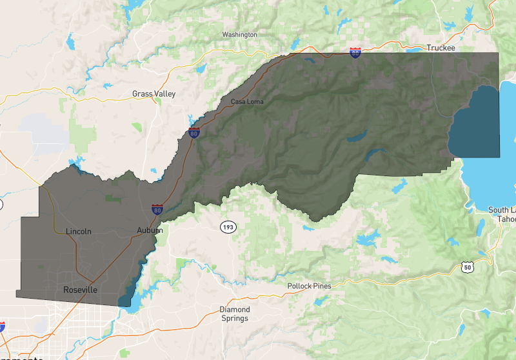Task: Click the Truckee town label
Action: [441, 48]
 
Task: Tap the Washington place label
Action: [239, 34]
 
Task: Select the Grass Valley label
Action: [154, 94]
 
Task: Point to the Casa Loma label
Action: [247, 102]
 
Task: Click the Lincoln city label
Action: [79, 231]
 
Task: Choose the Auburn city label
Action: [150, 230]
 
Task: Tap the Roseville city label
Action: [81, 290]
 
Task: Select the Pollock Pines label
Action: [309, 286]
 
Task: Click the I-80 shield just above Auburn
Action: [157, 209]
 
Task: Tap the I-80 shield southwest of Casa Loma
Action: [194, 133]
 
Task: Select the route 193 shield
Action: [227, 227]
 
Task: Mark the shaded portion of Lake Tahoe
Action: [475, 126]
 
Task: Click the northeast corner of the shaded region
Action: [499, 54]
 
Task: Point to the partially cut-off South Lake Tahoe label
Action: [502, 214]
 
